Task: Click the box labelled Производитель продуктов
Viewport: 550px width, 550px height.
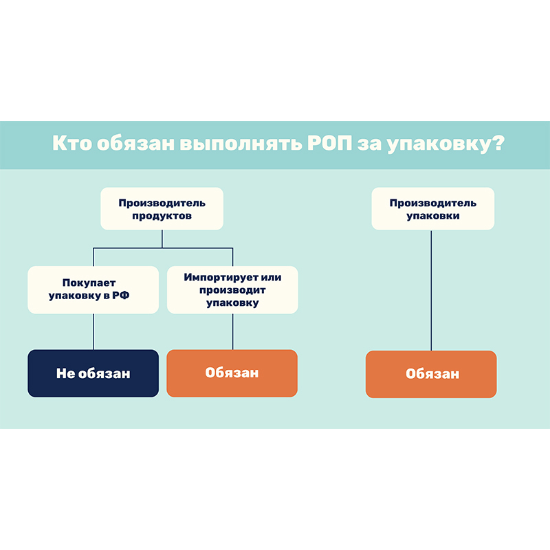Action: (x=162, y=209)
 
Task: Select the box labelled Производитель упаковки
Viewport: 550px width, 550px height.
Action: (x=432, y=209)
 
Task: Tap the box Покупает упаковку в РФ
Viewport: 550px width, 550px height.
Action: (x=93, y=289)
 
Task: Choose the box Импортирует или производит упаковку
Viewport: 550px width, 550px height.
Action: (x=232, y=289)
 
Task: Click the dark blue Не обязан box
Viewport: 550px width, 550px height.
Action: (x=93, y=373)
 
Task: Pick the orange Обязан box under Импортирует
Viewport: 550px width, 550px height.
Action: (x=232, y=373)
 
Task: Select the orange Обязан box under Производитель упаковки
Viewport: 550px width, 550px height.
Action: (x=431, y=374)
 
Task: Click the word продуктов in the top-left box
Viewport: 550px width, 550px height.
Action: (x=162, y=216)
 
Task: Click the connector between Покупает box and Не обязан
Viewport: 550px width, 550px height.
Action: (x=93, y=331)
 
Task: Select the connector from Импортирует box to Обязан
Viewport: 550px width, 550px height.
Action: (x=232, y=331)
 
